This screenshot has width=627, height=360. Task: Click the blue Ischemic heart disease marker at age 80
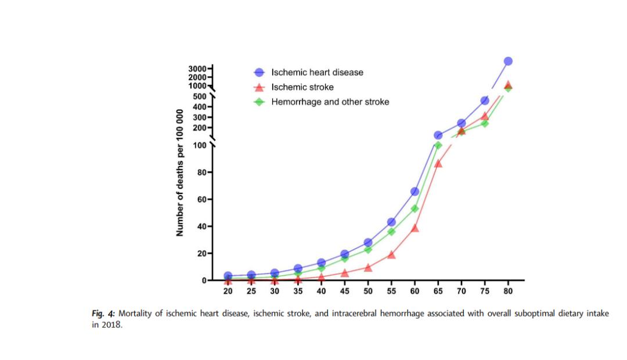(508, 61)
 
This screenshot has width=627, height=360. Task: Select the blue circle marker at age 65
(438, 135)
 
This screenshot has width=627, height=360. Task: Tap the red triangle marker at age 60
(415, 228)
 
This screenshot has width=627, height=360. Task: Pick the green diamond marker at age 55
(391, 231)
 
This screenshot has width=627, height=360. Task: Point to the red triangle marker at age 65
(438, 163)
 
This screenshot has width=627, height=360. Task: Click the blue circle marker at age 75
(485, 100)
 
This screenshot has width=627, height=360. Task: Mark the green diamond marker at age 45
(344, 258)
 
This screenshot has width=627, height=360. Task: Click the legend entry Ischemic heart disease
(317, 73)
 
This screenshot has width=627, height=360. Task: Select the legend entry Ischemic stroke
(302, 87)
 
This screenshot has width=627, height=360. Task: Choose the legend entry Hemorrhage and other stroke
(330, 102)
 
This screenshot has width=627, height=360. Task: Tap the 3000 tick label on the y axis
(197, 69)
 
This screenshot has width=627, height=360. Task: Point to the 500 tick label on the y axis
(200, 96)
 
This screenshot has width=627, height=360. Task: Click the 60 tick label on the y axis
(202, 199)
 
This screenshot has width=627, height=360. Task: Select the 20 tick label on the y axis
(202, 253)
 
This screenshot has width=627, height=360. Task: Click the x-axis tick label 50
(368, 291)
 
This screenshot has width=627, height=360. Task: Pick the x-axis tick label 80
(508, 291)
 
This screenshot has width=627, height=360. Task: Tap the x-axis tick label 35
(298, 291)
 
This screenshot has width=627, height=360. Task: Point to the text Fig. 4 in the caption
(104, 314)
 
